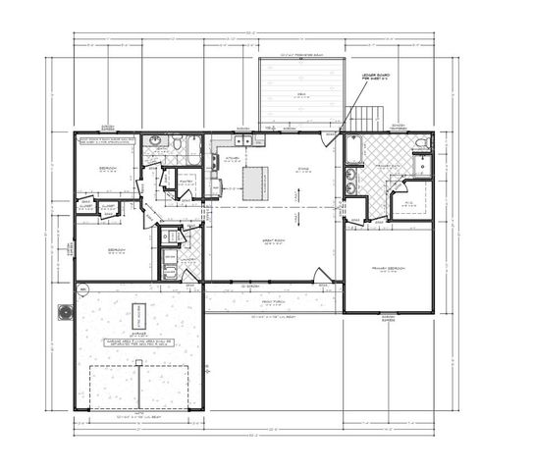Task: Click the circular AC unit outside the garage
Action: pyautogui.click(x=67, y=312)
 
